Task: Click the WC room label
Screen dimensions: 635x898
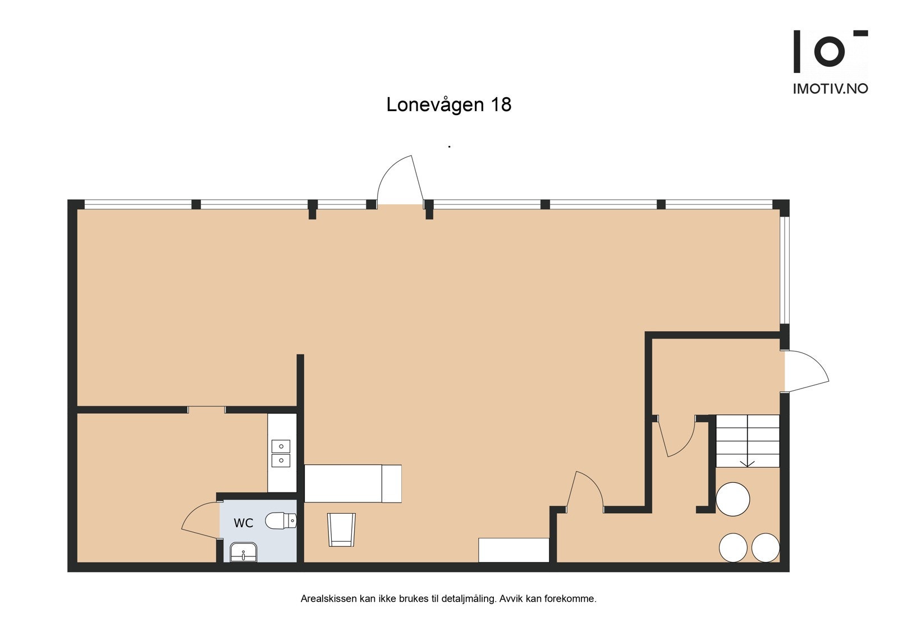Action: pos(243,523)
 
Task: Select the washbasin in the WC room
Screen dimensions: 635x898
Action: pos(244,552)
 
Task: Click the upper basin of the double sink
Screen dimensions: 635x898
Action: pos(281,446)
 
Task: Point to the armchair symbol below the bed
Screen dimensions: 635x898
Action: pos(341,529)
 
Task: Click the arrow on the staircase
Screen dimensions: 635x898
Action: pos(747,463)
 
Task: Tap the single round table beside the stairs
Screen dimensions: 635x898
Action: pos(733,499)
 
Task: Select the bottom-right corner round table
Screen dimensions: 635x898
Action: pos(766,547)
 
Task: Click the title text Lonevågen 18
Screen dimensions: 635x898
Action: pos(448,105)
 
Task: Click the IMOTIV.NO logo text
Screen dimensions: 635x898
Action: pos(830,89)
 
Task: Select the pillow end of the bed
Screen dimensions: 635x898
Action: pos(391,483)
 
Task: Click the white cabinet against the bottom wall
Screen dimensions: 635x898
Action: pos(513,550)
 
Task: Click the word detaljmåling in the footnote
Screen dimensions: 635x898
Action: pos(469,599)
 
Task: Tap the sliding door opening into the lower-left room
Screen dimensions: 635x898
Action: pos(207,409)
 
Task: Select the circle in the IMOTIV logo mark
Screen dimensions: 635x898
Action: pos(829,51)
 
